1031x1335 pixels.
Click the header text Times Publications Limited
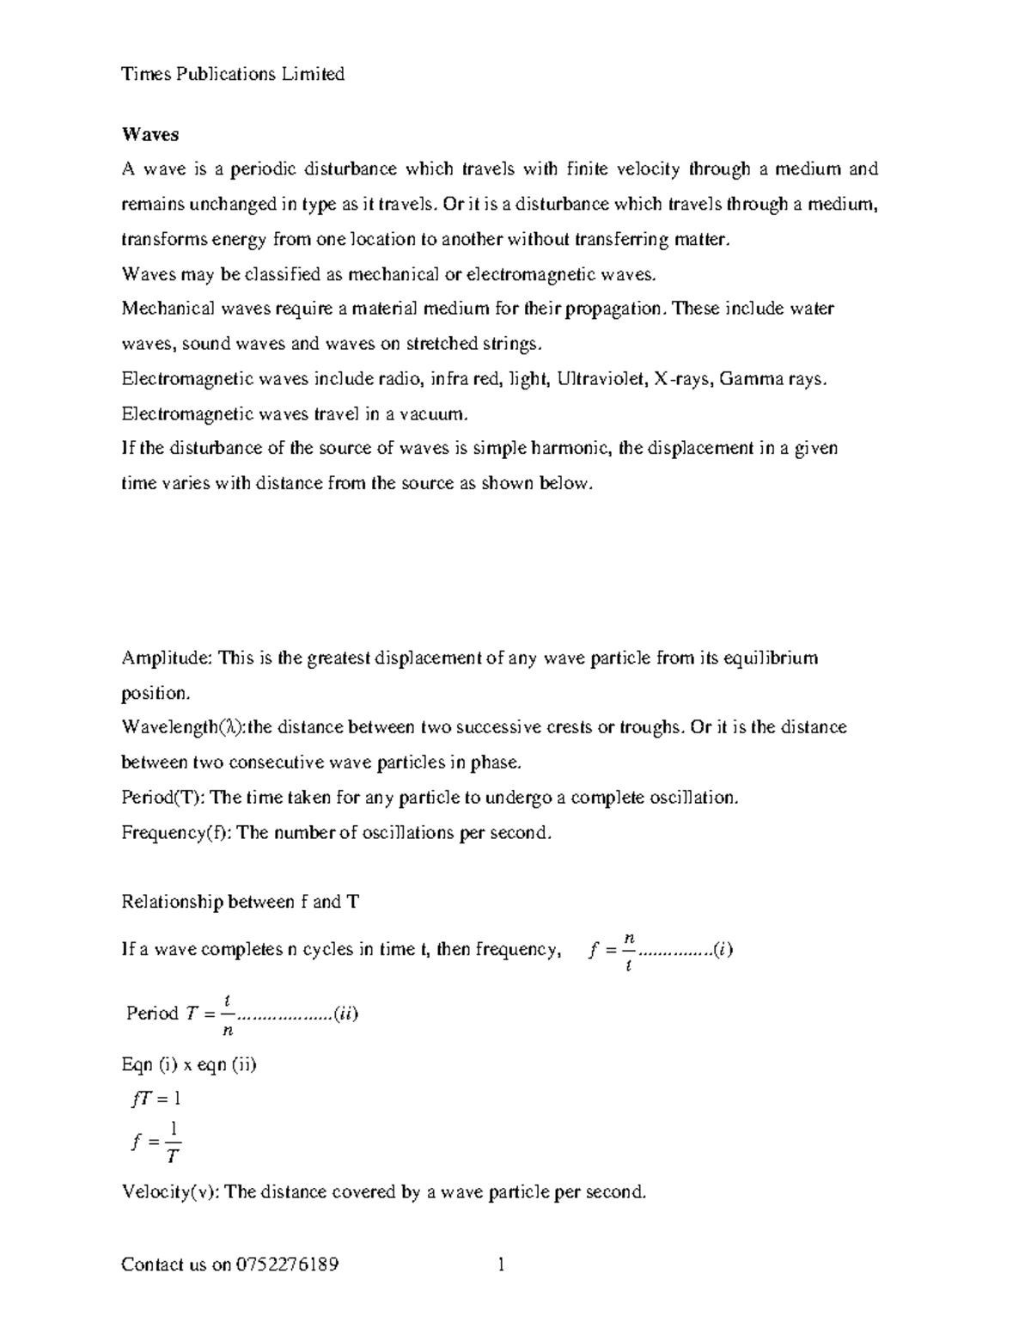(x=233, y=74)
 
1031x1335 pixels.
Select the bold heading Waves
(x=150, y=134)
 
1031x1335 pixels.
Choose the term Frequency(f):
(x=176, y=833)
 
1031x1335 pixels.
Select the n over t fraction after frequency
(x=629, y=950)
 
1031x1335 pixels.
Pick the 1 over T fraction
(x=174, y=1142)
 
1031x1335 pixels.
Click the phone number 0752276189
(x=286, y=1265)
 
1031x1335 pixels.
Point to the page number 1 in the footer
(x=501, y=1265)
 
